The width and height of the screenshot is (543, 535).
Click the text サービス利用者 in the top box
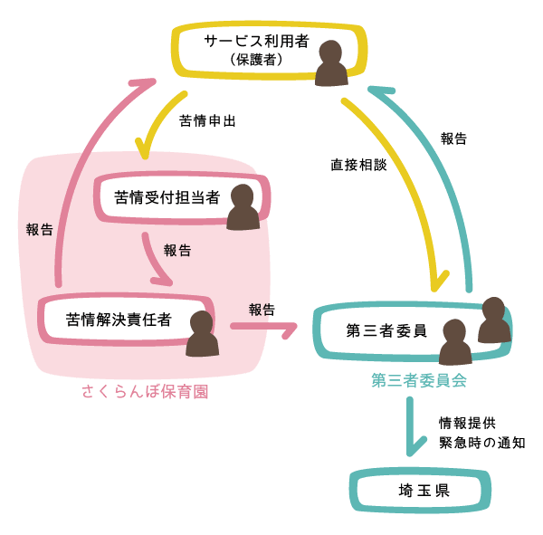pos(256,42)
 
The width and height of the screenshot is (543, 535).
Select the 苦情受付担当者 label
pos(167,197)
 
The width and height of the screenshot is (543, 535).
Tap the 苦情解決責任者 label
pos(119,319)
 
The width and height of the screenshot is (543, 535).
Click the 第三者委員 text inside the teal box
pos(386,330)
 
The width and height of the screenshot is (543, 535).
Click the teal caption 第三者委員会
pos(418,381)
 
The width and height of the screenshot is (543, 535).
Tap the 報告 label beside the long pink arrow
pos(40,230)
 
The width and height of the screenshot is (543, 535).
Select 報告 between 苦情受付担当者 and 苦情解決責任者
pos(177,251)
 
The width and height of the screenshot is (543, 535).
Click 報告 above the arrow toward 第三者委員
pos(261,309)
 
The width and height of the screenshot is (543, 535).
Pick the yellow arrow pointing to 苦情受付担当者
pos(156,122)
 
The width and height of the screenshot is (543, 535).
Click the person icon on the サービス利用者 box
pos(331,64)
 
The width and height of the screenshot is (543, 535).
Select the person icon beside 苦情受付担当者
pos(243,207)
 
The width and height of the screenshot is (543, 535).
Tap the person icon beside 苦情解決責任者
pos(202,334)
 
